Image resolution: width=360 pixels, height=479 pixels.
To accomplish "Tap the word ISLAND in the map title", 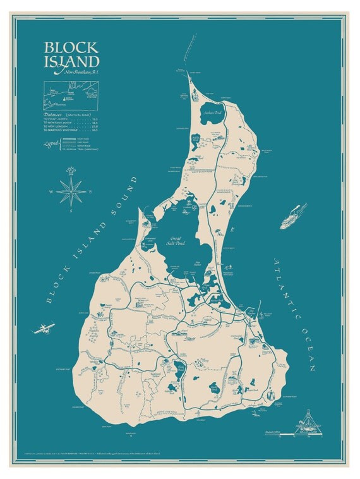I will pos(71,61).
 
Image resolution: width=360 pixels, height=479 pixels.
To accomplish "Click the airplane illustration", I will pos(44,328).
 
